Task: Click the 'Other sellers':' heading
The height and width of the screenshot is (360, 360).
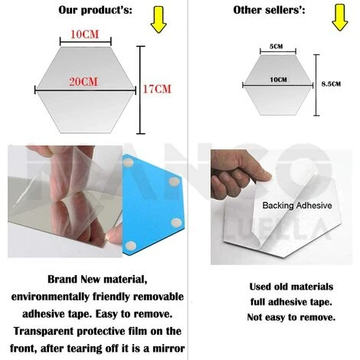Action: pos(267,10)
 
